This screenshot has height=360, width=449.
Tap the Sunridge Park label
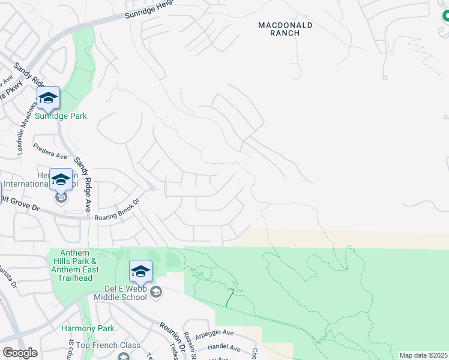61,116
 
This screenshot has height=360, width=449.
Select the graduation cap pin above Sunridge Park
48,98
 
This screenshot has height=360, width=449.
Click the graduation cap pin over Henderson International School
61,179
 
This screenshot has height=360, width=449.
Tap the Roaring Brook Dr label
117,211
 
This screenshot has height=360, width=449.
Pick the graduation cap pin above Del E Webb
140,271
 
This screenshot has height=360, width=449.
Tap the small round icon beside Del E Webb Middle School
156,292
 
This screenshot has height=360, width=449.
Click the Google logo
20,353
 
